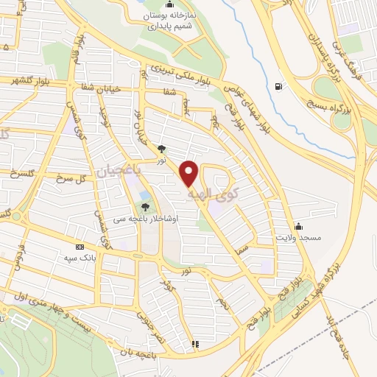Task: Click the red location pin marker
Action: [190, 174]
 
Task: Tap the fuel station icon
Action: [278, 87]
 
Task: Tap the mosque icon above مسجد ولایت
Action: [298, 225]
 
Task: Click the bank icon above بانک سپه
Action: [80, 247]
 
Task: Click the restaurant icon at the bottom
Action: [195, 344]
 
